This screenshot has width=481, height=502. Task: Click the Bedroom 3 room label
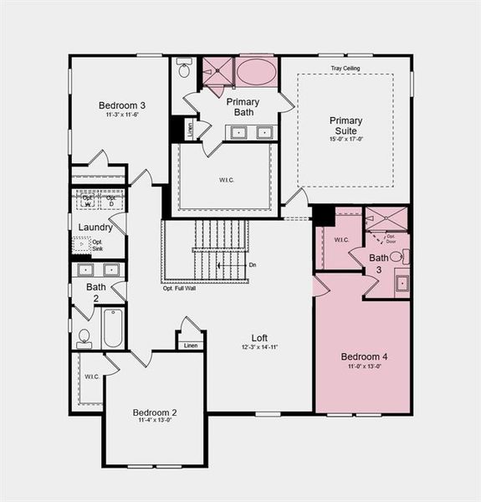(122, 105)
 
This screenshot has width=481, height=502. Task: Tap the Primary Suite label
(344, 125)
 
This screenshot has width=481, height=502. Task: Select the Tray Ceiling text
(344, 68)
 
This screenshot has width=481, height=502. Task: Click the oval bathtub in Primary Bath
(255, 72)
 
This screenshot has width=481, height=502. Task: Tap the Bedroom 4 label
(363, 356)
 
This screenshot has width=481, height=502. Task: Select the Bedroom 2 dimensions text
(156, 421)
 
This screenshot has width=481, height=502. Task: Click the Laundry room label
(95, 227)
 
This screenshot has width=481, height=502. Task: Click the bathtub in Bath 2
(113, 328)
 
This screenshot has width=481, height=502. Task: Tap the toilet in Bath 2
(84, 338)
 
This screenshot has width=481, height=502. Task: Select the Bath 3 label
(379, 263)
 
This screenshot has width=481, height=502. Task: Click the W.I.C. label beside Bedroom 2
(92, 376)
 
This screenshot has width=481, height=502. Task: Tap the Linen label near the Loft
(191, 345)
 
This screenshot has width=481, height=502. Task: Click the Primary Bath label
(243, 107)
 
